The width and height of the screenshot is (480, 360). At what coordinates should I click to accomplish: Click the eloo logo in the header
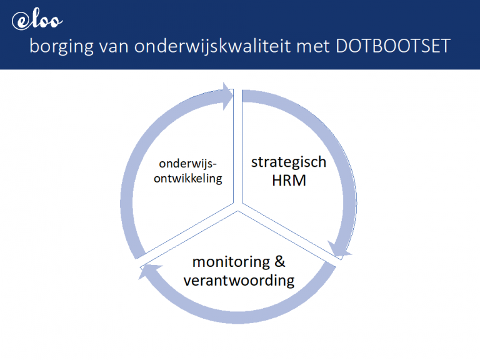click(37, 21)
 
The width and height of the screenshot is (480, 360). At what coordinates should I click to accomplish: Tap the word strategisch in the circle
click(288, 162)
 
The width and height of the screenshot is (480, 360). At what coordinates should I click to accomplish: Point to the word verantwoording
click(239, 280)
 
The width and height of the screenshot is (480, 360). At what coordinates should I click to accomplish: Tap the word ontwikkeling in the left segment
click(189, 178)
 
